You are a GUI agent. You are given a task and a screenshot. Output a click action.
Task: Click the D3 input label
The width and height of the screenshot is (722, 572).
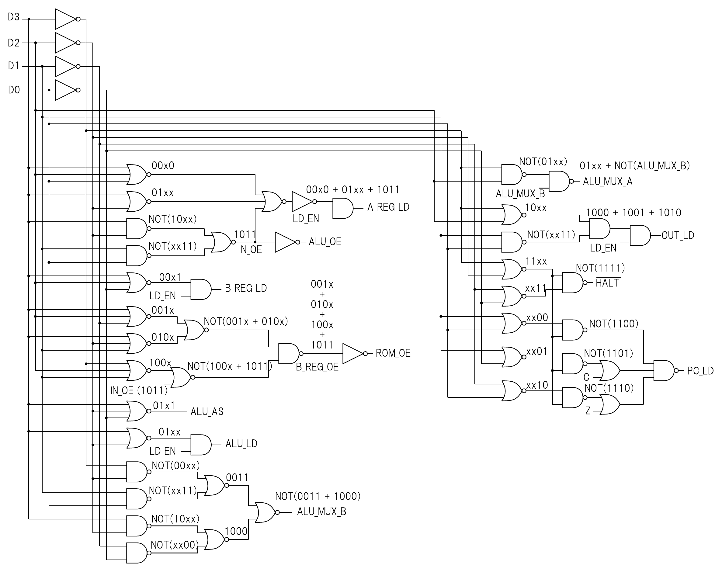point(14,17)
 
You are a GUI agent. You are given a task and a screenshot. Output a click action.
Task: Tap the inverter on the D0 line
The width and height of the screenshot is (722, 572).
point(66,90)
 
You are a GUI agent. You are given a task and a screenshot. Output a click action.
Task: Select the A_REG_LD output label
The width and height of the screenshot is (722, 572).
point(388,207)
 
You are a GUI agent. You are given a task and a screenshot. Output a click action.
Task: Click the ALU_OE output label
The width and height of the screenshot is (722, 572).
point(325,242)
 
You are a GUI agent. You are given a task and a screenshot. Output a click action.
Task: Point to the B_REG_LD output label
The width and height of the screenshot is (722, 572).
point(246,288)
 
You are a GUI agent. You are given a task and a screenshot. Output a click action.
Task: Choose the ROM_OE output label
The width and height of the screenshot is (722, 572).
point(393,353)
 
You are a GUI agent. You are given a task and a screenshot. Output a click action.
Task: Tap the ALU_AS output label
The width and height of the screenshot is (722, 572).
point(207,411)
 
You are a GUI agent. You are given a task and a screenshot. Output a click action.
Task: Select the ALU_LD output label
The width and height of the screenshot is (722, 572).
point(241,444)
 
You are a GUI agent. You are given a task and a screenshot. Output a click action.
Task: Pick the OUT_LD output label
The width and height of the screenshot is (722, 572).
point(678,235)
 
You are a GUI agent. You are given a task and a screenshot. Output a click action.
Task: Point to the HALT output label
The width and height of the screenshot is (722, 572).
point(607,283)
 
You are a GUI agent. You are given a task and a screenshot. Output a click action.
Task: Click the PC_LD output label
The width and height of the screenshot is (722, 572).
point(700,371)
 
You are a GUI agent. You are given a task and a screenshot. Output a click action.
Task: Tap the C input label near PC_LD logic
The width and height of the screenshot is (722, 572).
point(586,377)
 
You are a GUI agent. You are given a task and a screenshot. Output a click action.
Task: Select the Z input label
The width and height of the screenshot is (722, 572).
point(588,411)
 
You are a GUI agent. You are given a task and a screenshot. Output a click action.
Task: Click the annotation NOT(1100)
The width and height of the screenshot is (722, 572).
point(613,324)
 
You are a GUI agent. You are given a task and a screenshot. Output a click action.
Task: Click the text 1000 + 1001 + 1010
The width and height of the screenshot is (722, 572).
point(633,213)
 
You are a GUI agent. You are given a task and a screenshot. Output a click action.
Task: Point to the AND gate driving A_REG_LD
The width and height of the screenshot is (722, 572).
point(342,208)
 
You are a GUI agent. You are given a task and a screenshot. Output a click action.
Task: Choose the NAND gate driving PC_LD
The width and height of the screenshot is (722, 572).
point(664,371)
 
